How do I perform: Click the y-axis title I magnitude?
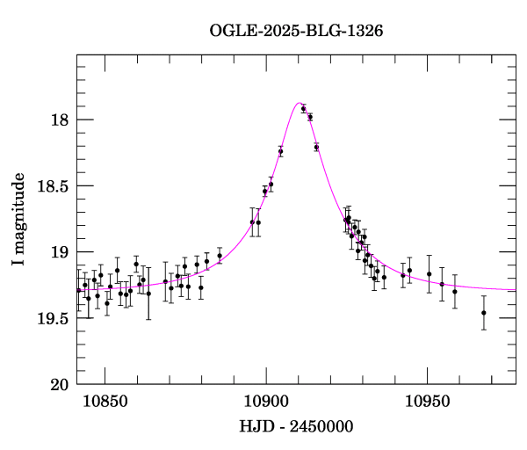tap(18, 220)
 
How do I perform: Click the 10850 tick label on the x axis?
tap(105, 401)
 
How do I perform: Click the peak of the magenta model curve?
tap(300, 103)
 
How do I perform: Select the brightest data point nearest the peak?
tap(303, 109)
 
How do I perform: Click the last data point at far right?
tap(484, 313)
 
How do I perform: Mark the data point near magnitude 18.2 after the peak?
tap(316, 147)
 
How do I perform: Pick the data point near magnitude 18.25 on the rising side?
tap(281, 151)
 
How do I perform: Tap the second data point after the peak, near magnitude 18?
tap(310, 117)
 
